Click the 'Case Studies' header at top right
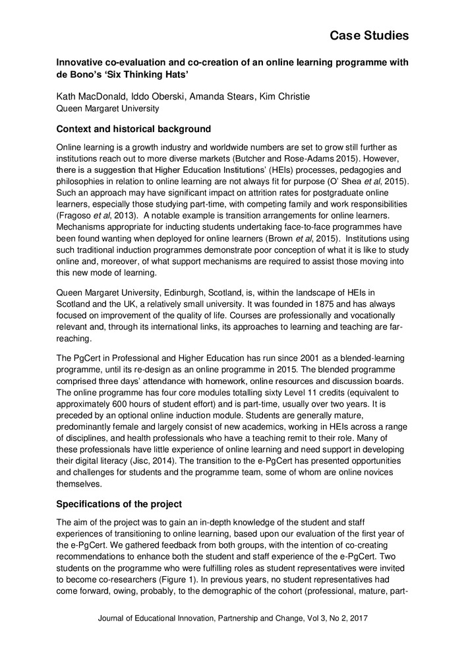pyautogui.click(x=369, y=34)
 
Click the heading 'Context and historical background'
pyautogui.click(x=134, y=128)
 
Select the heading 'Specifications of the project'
pyautogui.click(x=118, y=504)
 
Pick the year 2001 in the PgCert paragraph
pyautogui.click(x=276, y=358)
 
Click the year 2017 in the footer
pyautogui.click(x=356, y=618)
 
